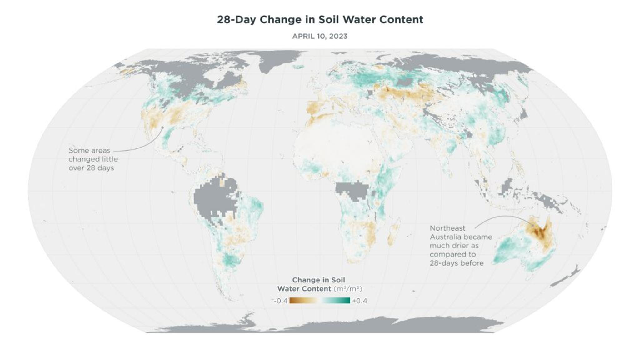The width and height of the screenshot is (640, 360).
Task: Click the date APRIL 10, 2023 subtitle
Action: (x=320, y=36)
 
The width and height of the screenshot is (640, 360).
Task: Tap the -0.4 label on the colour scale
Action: (x=280, y=301)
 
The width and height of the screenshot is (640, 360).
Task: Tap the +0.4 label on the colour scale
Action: (x=359, y=301)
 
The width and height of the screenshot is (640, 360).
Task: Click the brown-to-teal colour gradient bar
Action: (x=319, y=301)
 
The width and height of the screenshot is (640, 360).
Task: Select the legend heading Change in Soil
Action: (x=318, y=280)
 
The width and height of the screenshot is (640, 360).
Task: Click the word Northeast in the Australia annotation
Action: (x=447, y=228)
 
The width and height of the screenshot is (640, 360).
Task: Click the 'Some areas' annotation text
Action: (x=85, y=150)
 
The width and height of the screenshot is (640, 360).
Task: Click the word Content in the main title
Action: (x=401, y=20)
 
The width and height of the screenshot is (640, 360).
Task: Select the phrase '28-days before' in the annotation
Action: (x=456, y=263)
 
